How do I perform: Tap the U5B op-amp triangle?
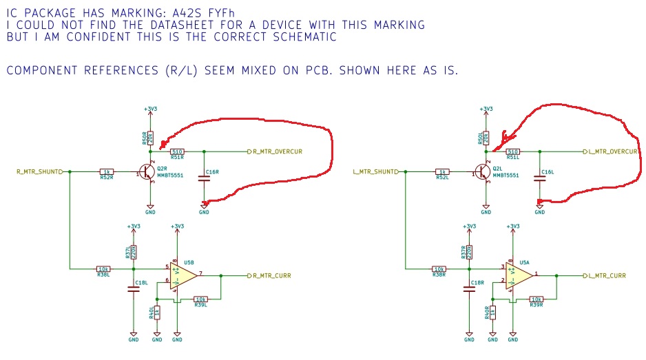point(178,275)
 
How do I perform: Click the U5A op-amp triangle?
point(514,275)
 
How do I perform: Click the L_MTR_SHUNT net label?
point(375,171)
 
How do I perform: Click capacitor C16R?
point(204,178)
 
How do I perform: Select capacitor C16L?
point(540,178)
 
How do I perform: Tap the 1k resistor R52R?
point(106,171)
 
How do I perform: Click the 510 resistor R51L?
point(512,151)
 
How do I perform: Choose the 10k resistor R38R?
point(438,269)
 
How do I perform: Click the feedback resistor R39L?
point(201,299)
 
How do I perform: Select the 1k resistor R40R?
point(492,313)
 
